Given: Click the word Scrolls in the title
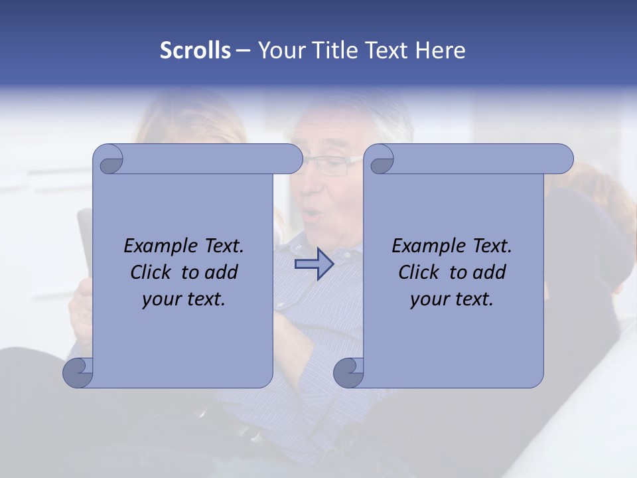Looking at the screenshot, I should pyautogui.click(x=195, y=50).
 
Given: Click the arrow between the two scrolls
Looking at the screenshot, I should pyautogui.click(x=314, y=265).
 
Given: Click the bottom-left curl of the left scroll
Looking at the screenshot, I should pyautogui.click(x=78, y=372).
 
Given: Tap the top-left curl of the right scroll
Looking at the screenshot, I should pyautogui.click(x=381, y=160).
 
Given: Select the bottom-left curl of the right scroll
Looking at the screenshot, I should pyautogui.click(x=348, y=372).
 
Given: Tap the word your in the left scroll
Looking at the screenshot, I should pyautogui.click(x=161, y=299).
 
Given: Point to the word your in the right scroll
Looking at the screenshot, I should pyautogui.click(x=429, y=299).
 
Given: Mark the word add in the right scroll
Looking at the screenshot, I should pyautogui.click(x=489, y=272).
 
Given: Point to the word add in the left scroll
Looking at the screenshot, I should pyautogui.click(x=221, y=272).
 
